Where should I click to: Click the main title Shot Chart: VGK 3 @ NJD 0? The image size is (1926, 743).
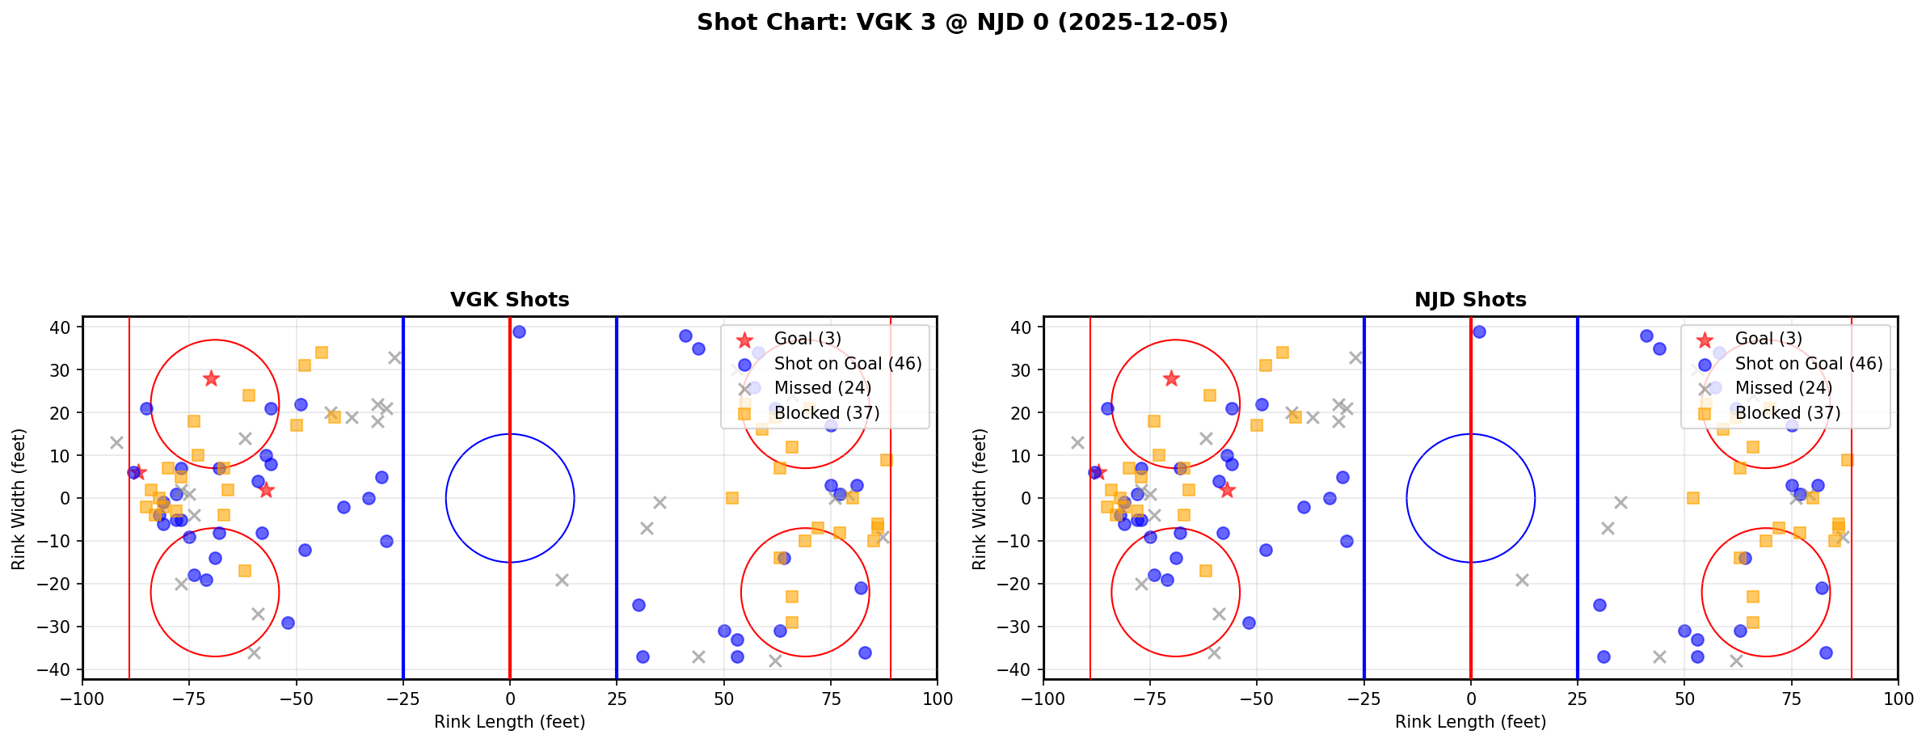pos(962,22)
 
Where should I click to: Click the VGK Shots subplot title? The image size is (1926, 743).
pos(509,300)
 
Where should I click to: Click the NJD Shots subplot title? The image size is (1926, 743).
pos(1470,300)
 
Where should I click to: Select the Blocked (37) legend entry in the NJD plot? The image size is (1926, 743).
pos(1787,413)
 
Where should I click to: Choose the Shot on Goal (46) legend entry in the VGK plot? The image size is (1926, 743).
pos(847,364)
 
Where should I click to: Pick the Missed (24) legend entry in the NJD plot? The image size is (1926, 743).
pos(1783,388)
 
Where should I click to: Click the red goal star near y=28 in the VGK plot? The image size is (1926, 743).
pos(211,378)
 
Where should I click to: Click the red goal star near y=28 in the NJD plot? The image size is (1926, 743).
pos(1171,378)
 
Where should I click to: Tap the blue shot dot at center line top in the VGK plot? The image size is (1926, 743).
pos(519,331)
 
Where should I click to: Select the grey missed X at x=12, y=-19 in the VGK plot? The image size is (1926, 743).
pos(562,580)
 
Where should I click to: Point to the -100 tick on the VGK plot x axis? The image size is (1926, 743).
pos(82,699)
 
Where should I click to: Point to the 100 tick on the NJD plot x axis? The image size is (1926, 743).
pos(1898,699)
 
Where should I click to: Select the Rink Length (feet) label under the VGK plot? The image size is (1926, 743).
pos(509,722)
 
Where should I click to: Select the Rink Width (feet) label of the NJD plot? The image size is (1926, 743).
pos(980,499)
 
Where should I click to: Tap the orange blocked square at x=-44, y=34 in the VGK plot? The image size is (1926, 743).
pos(321,353)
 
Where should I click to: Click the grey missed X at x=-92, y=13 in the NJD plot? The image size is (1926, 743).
pos(1077,442)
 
